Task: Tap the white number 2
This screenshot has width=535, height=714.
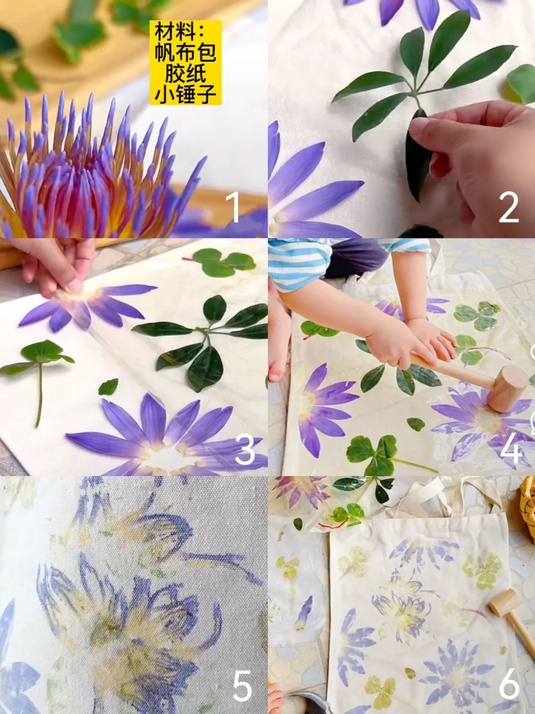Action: tap(509, 207)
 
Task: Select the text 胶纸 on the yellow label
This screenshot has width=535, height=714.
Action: tap(185, 73)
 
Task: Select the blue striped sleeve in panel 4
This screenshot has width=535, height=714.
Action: tap(297, 265)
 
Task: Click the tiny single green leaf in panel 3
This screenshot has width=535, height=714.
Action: tap(108, 387)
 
